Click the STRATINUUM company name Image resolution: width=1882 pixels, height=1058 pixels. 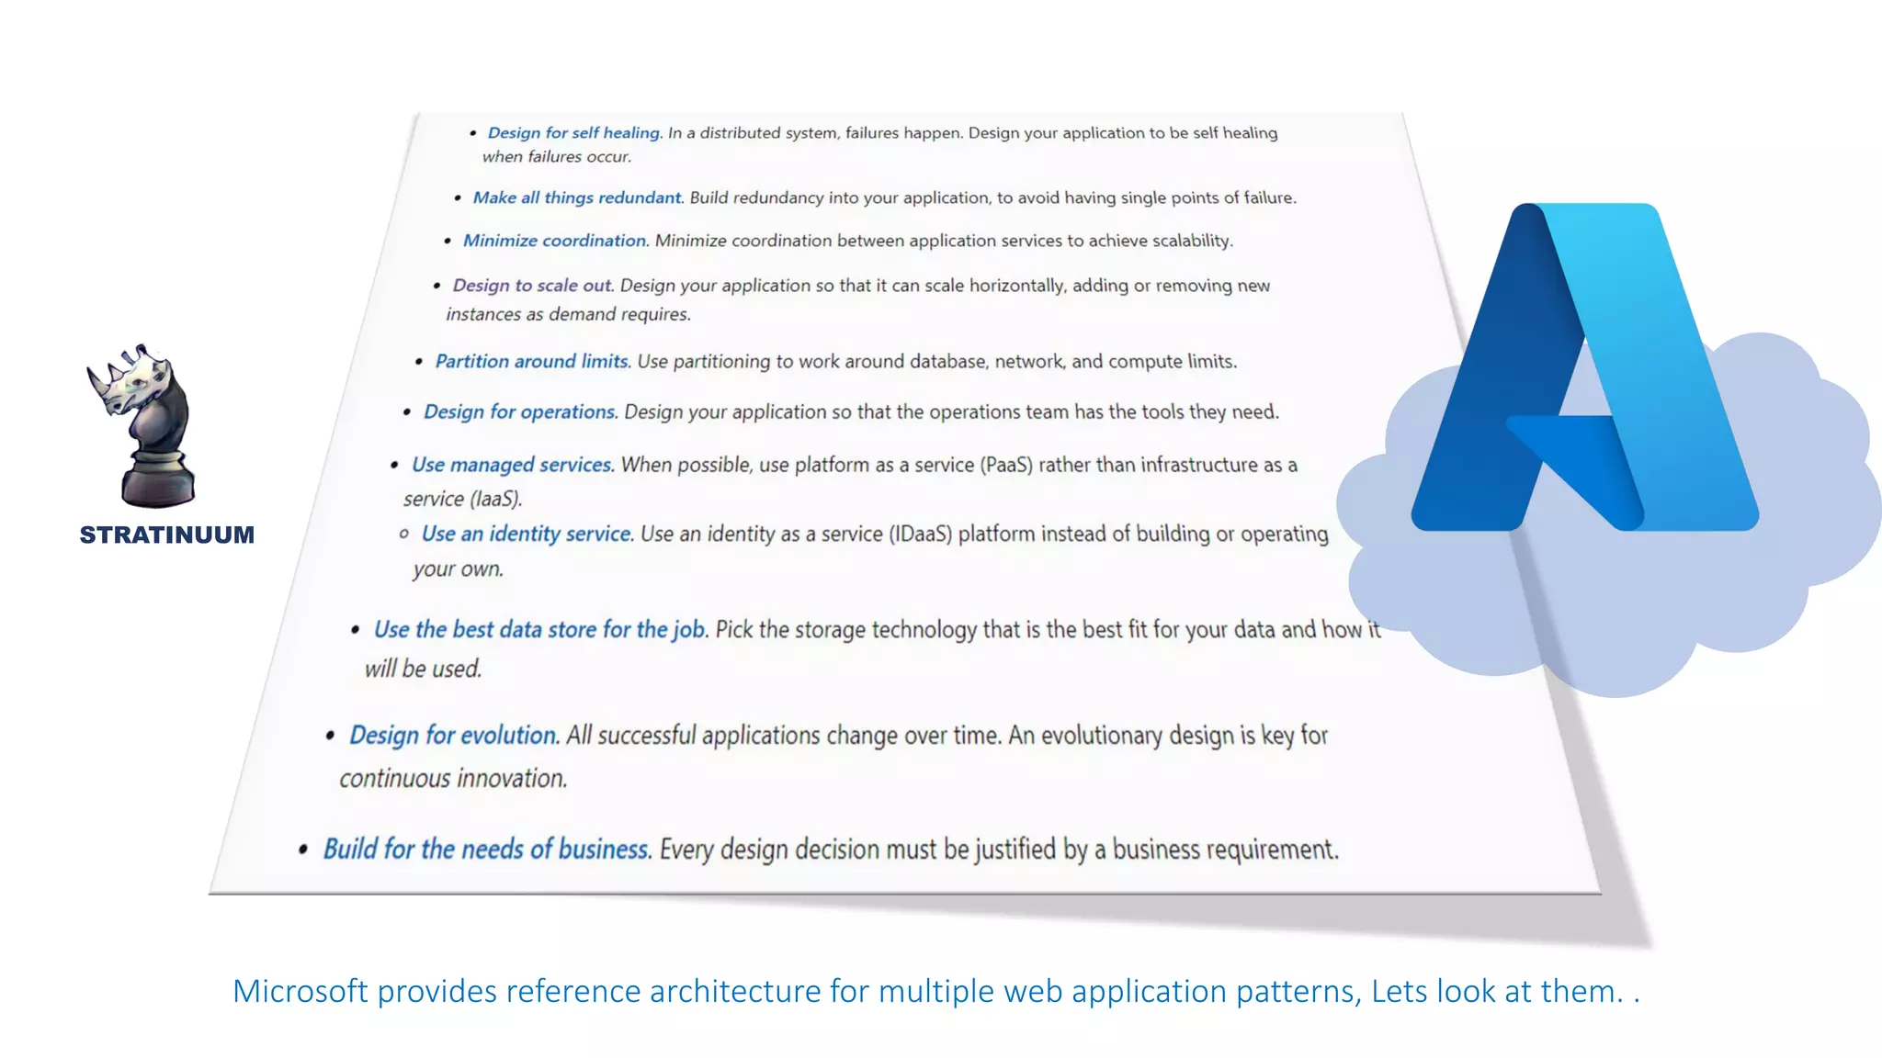(166, 535)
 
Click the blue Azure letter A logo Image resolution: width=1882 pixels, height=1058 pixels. (1584, 367)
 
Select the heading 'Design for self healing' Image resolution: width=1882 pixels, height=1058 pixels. (573, 133)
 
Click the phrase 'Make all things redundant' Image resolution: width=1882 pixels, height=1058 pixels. (577, 197)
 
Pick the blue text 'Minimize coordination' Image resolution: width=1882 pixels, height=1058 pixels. (555, 241)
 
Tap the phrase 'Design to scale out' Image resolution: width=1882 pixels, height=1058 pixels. (531, 286)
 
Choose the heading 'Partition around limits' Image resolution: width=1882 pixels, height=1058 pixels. (532, 361)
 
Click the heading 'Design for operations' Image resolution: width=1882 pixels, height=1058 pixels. (519, 411)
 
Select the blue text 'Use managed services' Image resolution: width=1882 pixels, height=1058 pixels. (512, 465)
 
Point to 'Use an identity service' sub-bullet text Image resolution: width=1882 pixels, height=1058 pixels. (527, 534)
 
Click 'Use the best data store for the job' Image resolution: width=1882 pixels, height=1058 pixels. (539, 629)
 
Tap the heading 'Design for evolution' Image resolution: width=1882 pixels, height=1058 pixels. (453, 735)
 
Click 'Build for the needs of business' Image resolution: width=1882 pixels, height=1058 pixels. (486, 849)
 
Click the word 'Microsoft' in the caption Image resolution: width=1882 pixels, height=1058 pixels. (300, 991)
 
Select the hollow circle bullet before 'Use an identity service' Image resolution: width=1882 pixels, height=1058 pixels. (404, 534)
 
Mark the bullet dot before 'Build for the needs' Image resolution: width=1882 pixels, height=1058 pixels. (303, 850)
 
